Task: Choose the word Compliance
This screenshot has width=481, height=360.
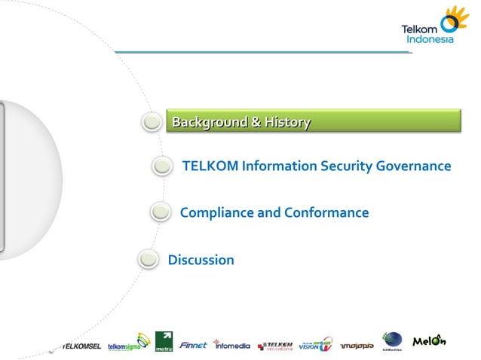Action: [217, 213]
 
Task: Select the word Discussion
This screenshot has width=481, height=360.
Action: [201, 261]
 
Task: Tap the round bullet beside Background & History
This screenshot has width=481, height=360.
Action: [153, 122]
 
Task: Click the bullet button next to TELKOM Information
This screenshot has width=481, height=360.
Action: [161, 166]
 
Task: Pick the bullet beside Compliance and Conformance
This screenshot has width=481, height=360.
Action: [160, 213]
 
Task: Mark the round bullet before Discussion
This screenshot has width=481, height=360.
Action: [148, 261]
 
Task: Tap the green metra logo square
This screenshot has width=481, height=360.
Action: [164, 342]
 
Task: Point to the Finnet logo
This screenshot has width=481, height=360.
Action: [193, 346]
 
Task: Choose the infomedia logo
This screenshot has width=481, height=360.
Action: [232, 346]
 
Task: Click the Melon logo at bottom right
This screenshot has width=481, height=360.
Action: [429, 342]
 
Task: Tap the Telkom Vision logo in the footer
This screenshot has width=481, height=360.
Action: [314, 344]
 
